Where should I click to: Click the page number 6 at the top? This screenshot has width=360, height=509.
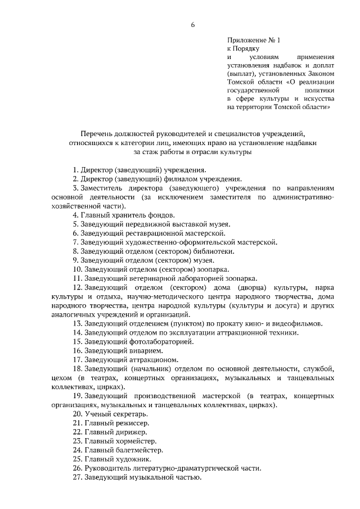coord(192,24)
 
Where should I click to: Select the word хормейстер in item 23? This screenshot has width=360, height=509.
coord(137,442)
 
